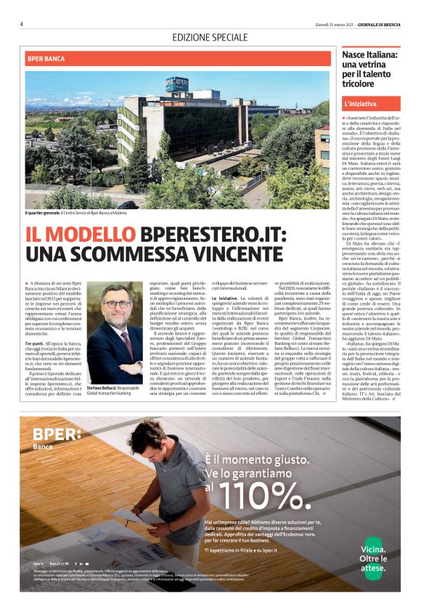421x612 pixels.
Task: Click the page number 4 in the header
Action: (x=22, y=24)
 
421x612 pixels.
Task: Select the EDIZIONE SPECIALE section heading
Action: (x=210, y=37)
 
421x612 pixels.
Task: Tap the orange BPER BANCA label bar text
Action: (x=46, y=58)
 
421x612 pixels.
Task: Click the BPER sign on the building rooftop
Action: (x=176, y=83)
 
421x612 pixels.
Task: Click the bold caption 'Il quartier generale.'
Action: (x=45, y=213)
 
